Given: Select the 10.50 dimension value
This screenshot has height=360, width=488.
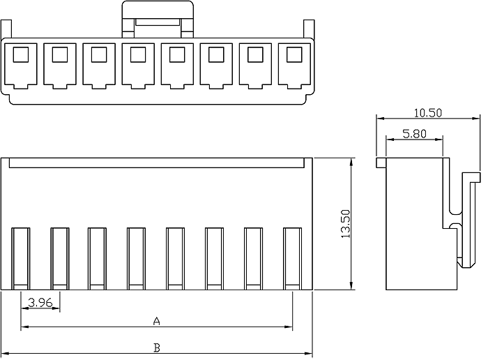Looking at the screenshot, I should tap(428, 113).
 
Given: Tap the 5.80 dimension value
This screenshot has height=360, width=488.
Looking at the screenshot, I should tap(414, 134).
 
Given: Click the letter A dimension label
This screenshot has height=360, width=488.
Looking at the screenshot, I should tap(157, 321).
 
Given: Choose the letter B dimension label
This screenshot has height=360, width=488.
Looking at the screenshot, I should tap(157, 347).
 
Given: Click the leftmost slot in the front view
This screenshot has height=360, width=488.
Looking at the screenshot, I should tap(21, 257).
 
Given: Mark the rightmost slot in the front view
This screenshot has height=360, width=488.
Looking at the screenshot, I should tap(292, 257).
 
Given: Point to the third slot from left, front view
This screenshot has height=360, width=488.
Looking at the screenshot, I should tap(98, 257).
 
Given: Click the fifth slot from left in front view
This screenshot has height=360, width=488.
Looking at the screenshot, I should tap(176, 257).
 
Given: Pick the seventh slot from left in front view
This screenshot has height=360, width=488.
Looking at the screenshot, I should tap(253, 257).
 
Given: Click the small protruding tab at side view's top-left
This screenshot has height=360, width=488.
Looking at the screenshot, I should tap(381, 163).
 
